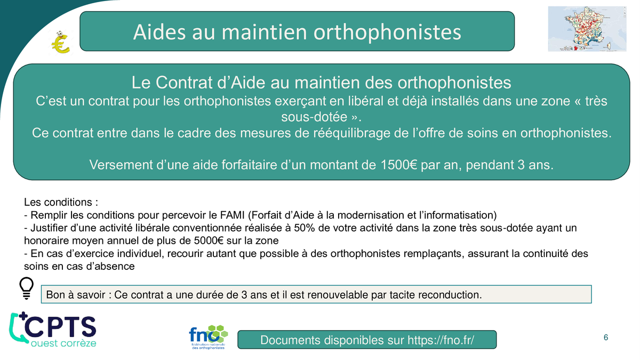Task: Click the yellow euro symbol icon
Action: click(60, 43)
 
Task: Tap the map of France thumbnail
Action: click(587, 29)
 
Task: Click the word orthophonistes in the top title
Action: click(387, 31)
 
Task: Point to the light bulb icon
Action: click(27, 288)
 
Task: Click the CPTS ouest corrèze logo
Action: click(53, 330)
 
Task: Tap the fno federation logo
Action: click(209, 337)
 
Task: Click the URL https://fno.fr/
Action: click(441, 340)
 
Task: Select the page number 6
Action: click(606, 338)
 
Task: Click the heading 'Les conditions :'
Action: click(61, 202)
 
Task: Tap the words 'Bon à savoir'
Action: click(76, 295)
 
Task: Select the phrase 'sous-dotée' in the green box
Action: click(314, 117)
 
